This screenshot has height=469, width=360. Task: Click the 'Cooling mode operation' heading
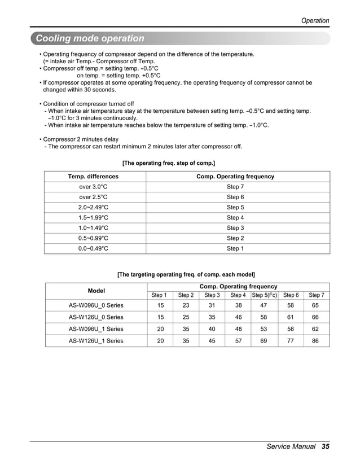click(x=90, y=38)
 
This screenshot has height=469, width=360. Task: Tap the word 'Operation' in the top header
click(x=315, y=20)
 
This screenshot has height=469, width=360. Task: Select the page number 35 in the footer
click(x=325, y=446)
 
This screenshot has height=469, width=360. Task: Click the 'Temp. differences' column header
click(x=93, y=177)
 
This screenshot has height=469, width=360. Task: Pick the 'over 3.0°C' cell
click(x=93, y=187)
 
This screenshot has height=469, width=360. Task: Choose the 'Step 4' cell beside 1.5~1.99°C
click(x=235, y=218)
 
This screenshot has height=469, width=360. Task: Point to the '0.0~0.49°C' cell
click(x=93, y=248)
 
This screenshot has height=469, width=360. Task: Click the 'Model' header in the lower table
click(x=96, y=291)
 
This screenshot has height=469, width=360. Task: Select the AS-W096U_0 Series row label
click(x=96, y=305)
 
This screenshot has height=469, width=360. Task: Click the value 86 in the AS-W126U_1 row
click(x=315, y=341)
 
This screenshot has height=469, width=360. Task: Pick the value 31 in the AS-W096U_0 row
click(x=212, y=305)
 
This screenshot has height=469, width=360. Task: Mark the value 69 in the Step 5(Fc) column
click(x=263, y=341)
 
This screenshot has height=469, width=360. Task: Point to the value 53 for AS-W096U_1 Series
click(x=263, y=329)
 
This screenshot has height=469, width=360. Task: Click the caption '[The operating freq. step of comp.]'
click(x=169, y=163)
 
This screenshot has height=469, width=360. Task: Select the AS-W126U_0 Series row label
click(x=96, y=317)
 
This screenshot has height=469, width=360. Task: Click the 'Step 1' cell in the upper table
click(x=235, y=248)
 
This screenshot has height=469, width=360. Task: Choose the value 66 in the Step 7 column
click(x=315, y=317)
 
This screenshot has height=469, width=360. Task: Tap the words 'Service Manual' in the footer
click(x=291, y=446)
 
